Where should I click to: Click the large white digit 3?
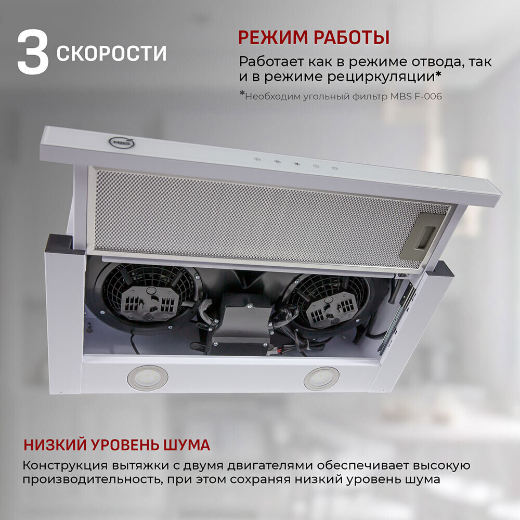pos(33,52)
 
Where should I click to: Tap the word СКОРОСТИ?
pos(111,53)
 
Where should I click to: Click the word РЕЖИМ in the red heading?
pos(273,37)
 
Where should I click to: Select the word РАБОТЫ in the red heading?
pos(352,37)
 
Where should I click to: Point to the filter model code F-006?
pos(428,97)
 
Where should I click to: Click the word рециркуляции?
pos(381,77)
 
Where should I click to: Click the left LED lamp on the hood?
pos(148,378)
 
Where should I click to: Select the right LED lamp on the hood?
pos(321,379)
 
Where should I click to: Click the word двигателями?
pos(270,465)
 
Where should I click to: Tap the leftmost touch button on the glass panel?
pos(257,159)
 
